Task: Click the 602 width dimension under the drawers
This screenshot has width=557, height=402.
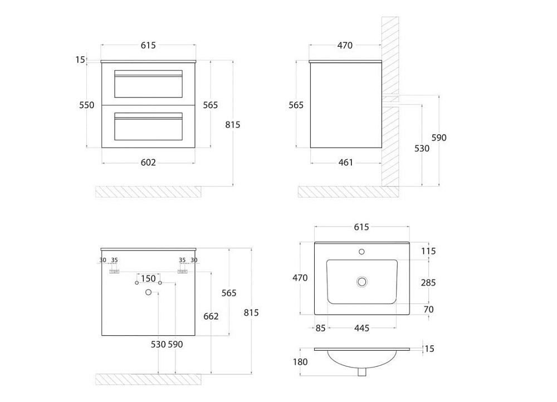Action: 148,162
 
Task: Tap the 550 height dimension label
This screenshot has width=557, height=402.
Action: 87,105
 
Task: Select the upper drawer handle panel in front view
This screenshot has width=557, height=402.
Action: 148,84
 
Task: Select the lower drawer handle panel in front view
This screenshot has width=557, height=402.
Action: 148,126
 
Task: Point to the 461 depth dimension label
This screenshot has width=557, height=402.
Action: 346,162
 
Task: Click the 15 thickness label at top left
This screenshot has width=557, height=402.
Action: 80,60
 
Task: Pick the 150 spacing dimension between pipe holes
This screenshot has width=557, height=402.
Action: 148,279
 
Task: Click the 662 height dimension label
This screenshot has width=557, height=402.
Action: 211,316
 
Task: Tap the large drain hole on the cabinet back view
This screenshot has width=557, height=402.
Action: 149,292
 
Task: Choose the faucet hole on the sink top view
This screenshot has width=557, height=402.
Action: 361,252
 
